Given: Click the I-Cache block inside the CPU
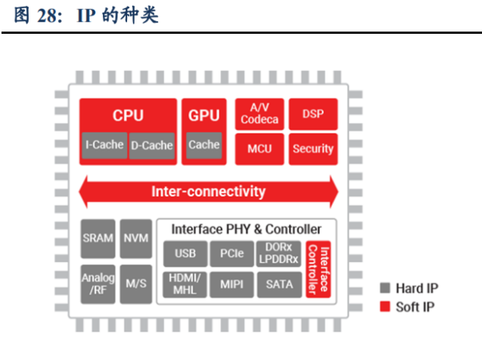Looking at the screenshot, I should click(x=104, y=145).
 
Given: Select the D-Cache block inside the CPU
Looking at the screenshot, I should click(x=151, y=145).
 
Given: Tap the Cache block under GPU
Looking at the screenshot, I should click(x=204, y=145).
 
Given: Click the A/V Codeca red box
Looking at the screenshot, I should click(x=259, y=114).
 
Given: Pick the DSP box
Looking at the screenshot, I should click(x=313, y=114).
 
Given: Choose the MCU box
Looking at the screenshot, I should click(x=259, y=149).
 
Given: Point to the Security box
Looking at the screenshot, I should click(x=313, y=149).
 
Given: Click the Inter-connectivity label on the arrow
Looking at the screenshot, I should click(x=208, y=191).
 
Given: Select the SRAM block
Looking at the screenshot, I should click(x=98, y=238).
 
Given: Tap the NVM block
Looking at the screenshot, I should click(x=136, y=238).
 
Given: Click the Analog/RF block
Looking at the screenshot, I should click(x=98, y=283).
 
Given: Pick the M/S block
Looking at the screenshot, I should click(x=136, y=283).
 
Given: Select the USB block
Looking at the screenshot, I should click(x=185, y=253).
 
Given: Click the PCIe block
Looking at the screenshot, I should click(x=232, y=253).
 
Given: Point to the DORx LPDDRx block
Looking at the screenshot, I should click(x=280, y=253).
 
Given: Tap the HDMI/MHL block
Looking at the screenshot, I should click(x=185, y=285).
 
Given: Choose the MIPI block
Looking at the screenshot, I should click(x=232, y=285).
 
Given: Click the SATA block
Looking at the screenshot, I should click(x=280, y=285).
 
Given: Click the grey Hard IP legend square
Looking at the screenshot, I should click(x=386, y=288).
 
